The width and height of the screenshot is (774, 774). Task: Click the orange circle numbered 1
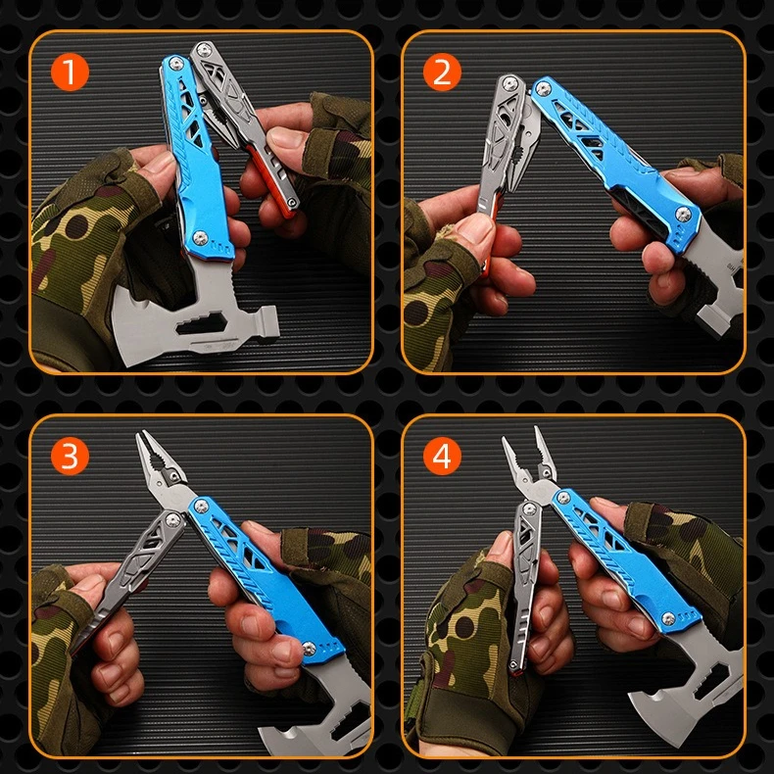[70, 73]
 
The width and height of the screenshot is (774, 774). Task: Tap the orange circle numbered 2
[442, 73]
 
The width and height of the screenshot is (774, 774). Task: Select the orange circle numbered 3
[70, 456]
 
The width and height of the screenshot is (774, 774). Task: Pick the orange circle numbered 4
[442, 456]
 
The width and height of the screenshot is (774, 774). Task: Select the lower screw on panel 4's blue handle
[670, 616]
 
